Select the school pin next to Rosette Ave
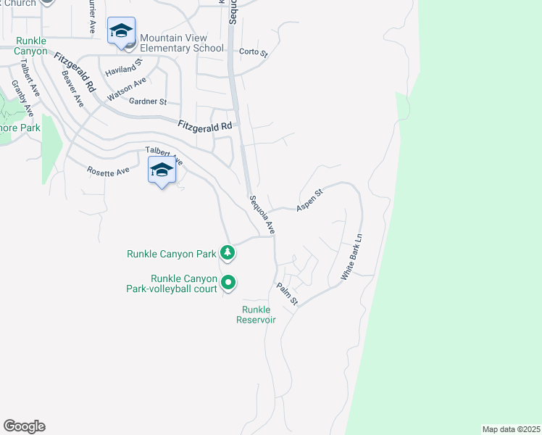point(162,171)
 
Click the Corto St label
point(254,53)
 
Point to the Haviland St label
point(122,71)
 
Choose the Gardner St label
point(148,101)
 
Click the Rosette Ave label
point(108,170)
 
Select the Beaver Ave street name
point(72,88)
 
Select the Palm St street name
point(287,294)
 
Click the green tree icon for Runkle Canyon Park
point(228,252)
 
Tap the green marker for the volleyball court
point(228,282)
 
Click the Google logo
point(24,426)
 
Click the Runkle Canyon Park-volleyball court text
point(184,283)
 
